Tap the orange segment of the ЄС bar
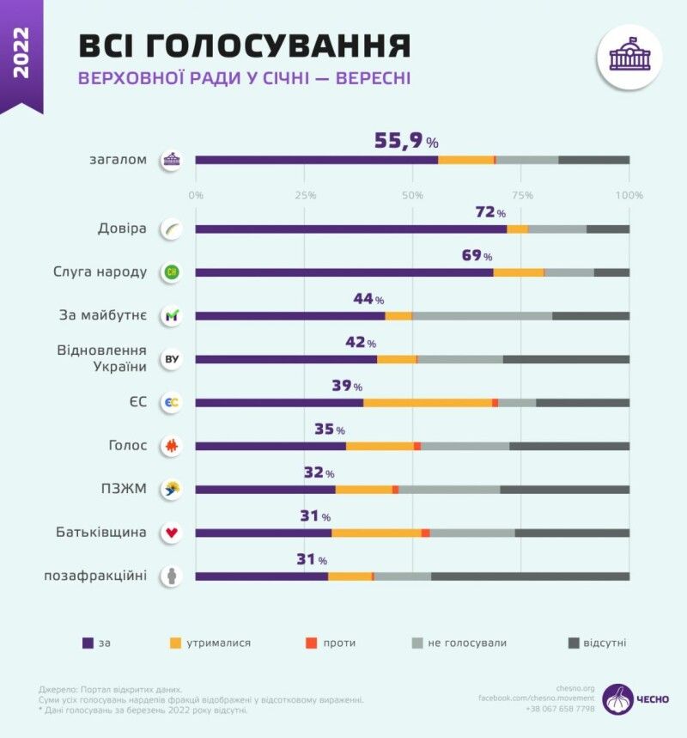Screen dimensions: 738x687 pos(427,402)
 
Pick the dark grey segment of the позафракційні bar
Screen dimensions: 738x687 pos(530,576)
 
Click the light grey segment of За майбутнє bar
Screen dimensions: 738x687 pos(482,316)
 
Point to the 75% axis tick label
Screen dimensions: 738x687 pos(522,195)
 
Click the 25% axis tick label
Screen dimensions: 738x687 pos(305,195)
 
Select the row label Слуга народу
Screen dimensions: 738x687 pos(100,272)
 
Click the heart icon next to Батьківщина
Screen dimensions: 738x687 pos(172,533)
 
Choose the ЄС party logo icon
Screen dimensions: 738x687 pos(172,402)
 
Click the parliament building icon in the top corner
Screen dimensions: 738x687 pos(629,57)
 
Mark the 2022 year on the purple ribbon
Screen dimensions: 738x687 pos(21,52)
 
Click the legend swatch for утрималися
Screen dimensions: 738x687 pos(175,643)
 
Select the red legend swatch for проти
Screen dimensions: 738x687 pos(311,643)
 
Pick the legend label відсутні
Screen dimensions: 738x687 pos(605,643)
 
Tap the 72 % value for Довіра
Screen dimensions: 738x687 pos(490,211)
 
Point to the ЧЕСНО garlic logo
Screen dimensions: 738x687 pos(617,698)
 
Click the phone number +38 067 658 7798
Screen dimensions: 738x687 pos(560,709)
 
